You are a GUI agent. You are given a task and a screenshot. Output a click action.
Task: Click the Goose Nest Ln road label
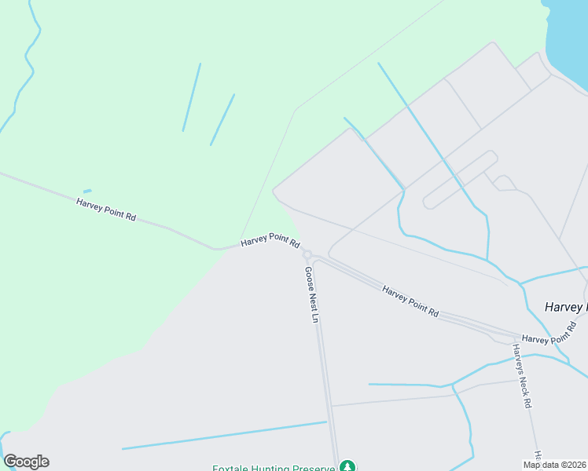[x=311, y=295]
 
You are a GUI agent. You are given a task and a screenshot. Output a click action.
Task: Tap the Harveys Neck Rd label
[x=523, y=376]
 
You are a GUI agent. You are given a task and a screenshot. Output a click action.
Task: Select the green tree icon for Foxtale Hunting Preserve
[x=347, y=467]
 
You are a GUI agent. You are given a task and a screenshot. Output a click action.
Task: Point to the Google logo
[x=26, y=462]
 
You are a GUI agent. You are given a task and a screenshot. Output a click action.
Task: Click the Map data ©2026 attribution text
[x=554, y=464]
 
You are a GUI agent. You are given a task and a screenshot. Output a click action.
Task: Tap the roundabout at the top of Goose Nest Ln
[x=307, y=254]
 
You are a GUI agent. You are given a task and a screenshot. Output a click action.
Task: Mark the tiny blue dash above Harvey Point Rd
[x=87, y=191]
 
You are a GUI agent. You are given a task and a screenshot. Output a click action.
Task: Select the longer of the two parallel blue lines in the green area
[x=192, y=97]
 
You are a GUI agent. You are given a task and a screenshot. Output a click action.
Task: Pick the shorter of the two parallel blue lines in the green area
[x=222, y=119]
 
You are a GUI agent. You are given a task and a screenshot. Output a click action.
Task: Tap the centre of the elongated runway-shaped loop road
[x=460, y=180]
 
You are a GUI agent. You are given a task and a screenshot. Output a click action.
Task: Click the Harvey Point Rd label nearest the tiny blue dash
[x=106, y=209]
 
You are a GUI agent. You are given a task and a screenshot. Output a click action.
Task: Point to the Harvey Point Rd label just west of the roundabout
[x=270, y=241]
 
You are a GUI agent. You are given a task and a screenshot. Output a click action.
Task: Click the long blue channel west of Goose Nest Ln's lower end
[x=224, y=435]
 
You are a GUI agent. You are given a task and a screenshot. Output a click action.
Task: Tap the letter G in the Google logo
[x=10, y=462]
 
